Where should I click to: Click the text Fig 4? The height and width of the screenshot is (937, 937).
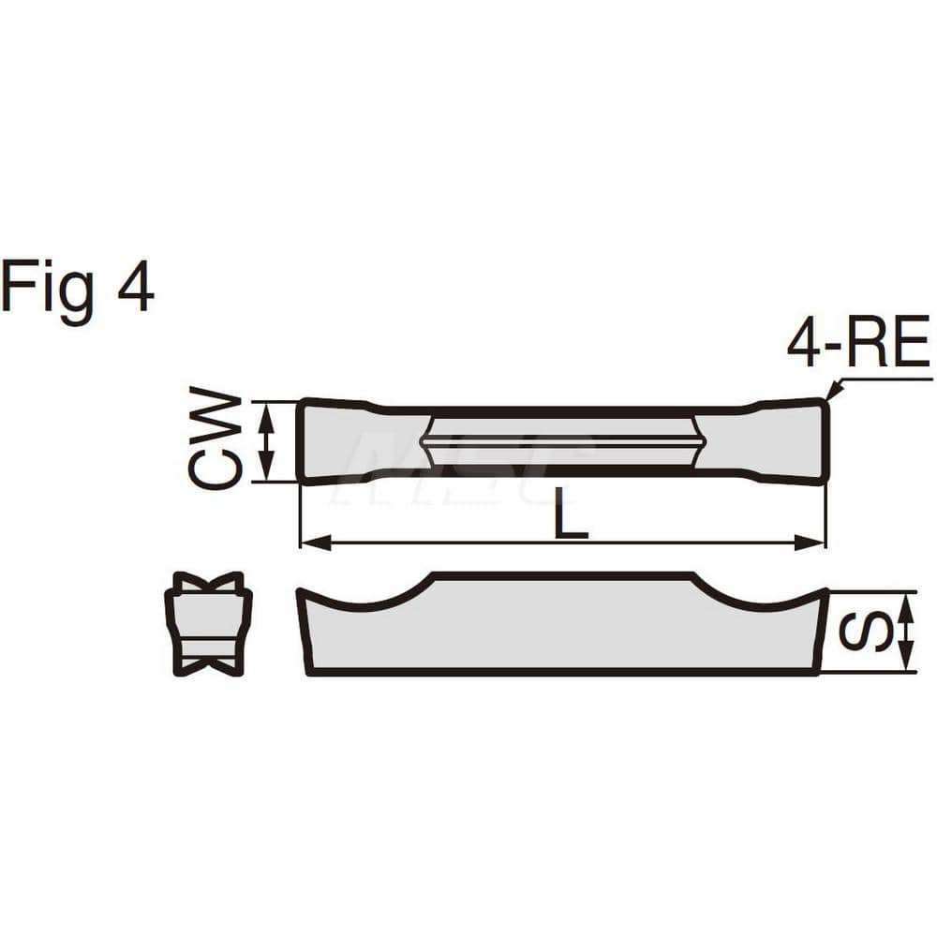77,289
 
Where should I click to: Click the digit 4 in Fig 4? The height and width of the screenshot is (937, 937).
136,287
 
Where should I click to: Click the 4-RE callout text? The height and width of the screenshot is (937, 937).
857,343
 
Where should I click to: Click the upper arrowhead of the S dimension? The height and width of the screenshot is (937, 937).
906,602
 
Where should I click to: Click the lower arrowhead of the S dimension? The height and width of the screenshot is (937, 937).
906,662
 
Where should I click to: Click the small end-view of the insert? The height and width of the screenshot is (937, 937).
208,624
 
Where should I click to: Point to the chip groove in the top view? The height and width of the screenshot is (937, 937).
562,440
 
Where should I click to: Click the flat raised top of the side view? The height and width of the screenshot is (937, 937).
562,576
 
